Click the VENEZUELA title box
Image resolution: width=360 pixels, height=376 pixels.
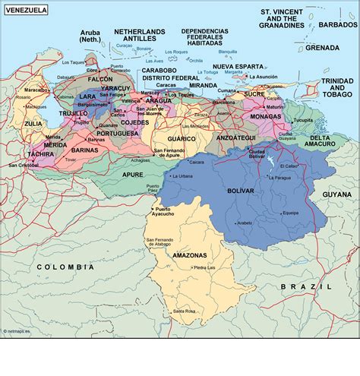pyautogui.click(x=25, y=10)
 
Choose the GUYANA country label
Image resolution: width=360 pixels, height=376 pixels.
pyautogui.click(x=336, y=194)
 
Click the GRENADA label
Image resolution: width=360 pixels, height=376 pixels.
pyautogui.click(x=322, y=47)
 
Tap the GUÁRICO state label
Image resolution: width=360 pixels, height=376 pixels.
pyautogui.click(x=182, y=138)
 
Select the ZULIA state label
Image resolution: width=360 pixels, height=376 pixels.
pyautogui.click(x=33, y=122)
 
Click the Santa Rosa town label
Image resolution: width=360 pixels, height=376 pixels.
pyautogui.click(x=184, y=311)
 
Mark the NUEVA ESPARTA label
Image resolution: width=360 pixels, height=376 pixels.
pyautogui.click(x=237, y=66)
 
